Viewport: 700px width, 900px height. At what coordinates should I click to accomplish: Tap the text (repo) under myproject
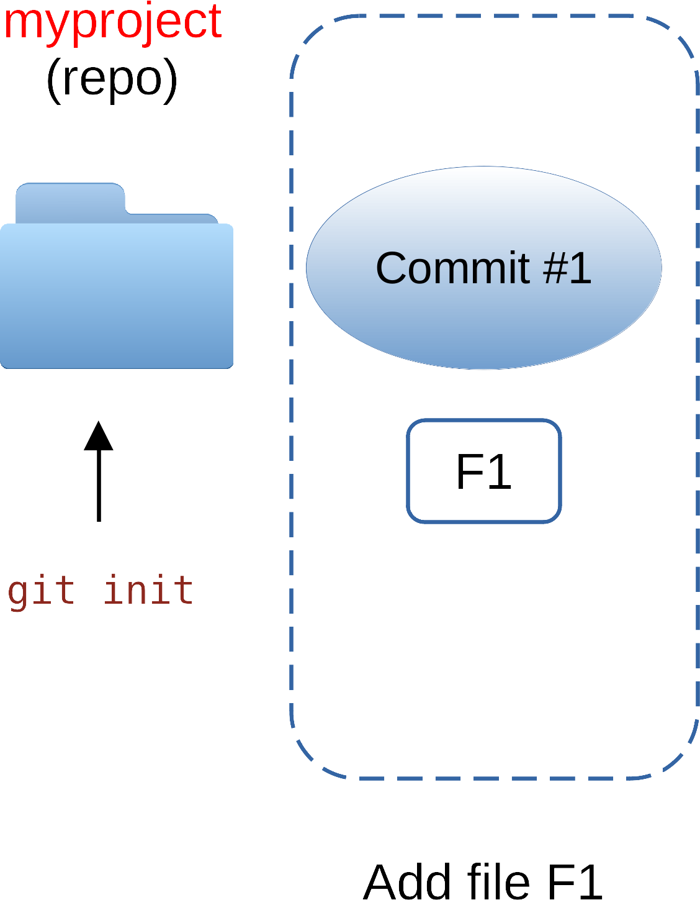click(112, 80)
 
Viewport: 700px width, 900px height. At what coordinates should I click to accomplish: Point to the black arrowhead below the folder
click(99, 436)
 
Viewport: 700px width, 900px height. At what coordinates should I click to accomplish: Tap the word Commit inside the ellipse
click(452, 268)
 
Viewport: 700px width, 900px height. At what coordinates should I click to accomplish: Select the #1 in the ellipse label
click(567, 268)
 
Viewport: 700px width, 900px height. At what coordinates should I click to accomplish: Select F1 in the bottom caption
click(575, 882)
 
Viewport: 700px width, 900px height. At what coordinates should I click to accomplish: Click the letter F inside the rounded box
click(469, 472)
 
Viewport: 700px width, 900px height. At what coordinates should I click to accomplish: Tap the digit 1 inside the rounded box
click(501, 472)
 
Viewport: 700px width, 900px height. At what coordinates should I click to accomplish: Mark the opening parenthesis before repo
click(53, 81)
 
